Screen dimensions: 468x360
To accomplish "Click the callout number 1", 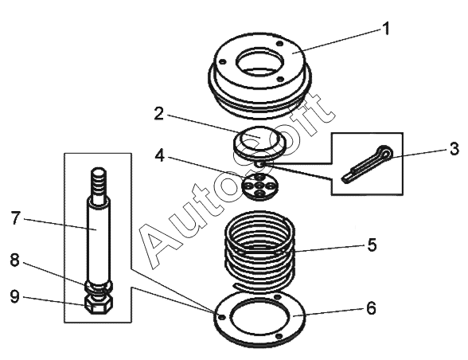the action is [x=386, y=29].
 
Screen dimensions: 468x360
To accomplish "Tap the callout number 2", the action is [x=159, y=114].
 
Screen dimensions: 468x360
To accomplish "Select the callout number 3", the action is [x=454, y=148].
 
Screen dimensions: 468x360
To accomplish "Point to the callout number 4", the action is [x=160, y=155].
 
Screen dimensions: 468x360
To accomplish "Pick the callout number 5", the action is [x=372, y=245].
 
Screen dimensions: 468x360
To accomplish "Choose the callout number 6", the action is [x=371, y=307].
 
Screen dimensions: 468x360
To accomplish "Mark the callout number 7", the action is [x=16, y=217].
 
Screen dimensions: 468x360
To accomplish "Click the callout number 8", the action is [x=14, y=260].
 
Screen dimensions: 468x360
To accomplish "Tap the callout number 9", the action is [x=14, y=296].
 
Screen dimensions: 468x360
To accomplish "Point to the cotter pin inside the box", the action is [x=367, y=164].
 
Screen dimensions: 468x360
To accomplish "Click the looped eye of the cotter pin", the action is [x=385, y=152].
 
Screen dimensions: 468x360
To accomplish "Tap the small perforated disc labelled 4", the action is [x=259, y=186].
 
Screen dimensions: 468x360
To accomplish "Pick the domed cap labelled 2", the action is [x=259, y=142].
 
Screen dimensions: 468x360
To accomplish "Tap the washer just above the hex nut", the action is [x=99, y=286].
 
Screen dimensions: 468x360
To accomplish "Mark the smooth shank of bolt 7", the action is [x=99, y=239].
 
